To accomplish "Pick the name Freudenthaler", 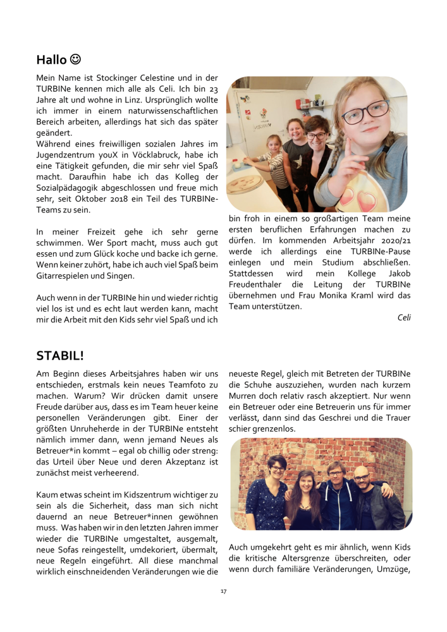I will [x=259, y=283].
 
